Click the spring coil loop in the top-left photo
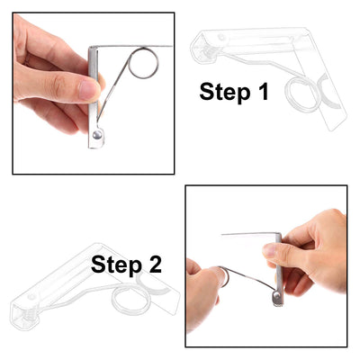click(x=143, y=64)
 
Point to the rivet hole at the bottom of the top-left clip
click(x=96, y=136)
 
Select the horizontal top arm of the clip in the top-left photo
click(x=135, y=47)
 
